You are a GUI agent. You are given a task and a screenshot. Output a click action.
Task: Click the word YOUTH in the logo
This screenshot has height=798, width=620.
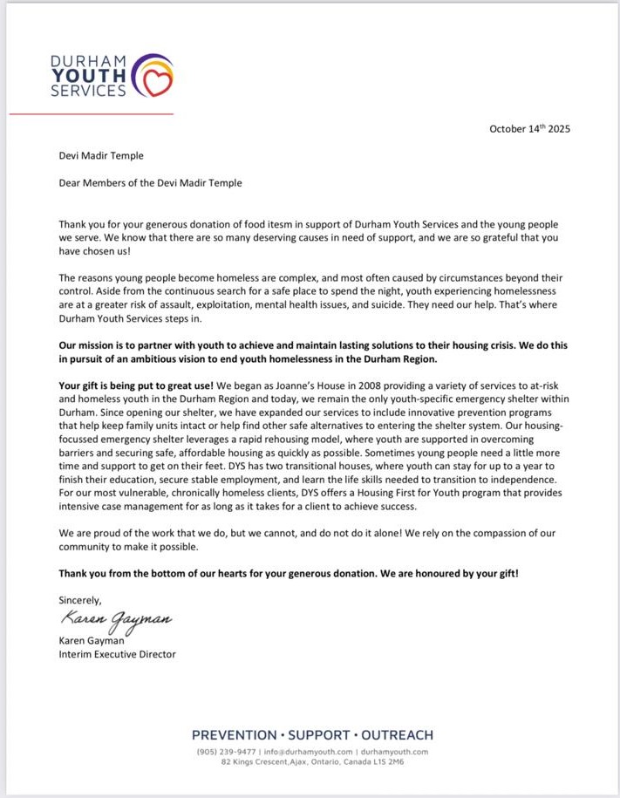click(x=88, y=75)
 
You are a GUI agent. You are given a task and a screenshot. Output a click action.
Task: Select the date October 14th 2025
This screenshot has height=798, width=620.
click(x=529, y=128)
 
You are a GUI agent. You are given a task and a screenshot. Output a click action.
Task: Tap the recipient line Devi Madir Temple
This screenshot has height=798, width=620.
click(x=100, y=156)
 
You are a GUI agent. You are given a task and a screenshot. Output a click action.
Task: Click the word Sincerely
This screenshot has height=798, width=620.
click(x=80, y=599)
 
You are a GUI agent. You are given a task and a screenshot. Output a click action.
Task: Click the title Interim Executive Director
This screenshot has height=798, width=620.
click(x=117, y=653)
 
